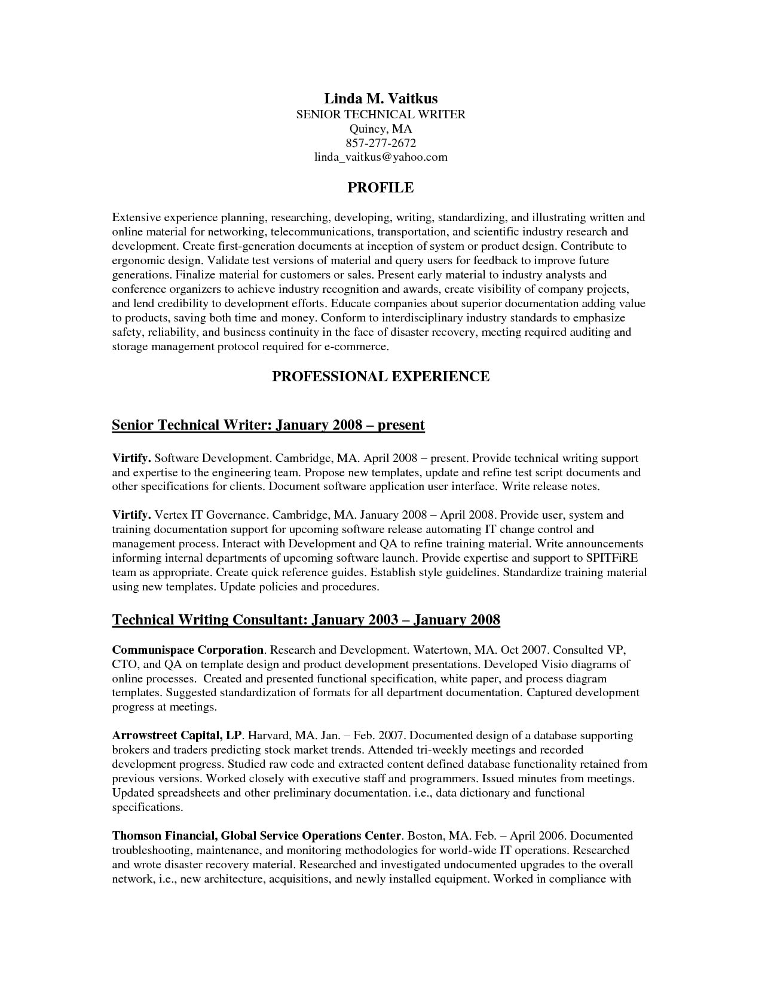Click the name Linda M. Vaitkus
[381, 98]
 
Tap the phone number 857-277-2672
[381, 143]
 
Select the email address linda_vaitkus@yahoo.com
[381, 157]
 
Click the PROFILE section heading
[381, 188]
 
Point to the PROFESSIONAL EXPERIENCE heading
[381, 376]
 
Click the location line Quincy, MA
[381, 128]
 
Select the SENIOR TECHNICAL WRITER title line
[381, 114]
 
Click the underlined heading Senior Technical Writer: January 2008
[268, 425]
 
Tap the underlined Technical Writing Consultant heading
[306, 619]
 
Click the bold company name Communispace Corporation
[188, 650]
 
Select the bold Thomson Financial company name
[256, 836]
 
